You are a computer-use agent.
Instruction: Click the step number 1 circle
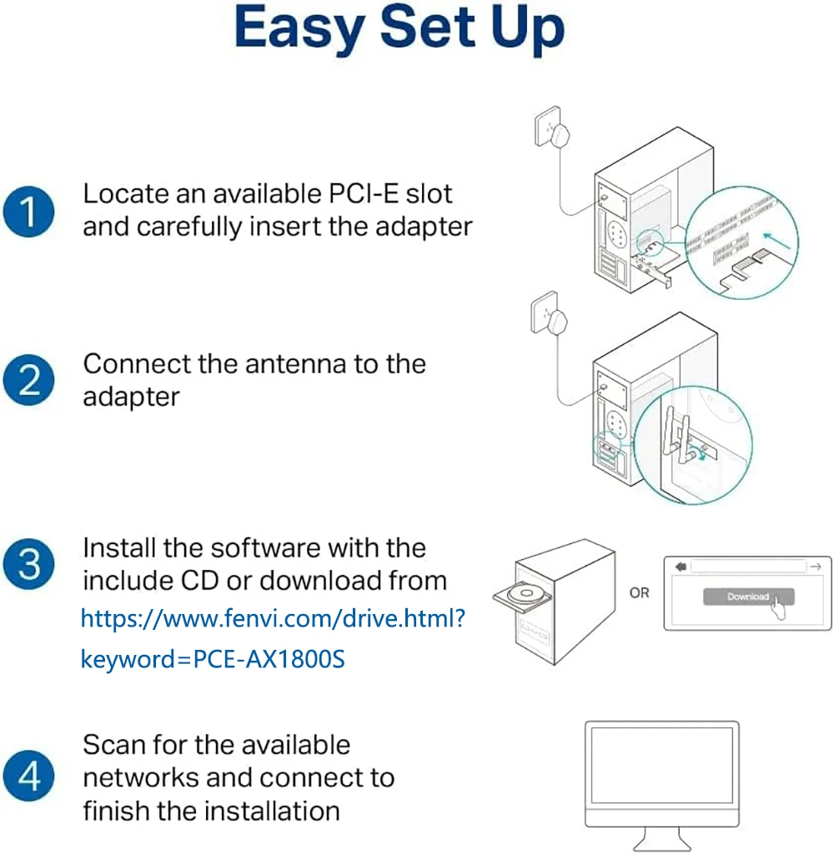pyautogui.click(x=29, y=211)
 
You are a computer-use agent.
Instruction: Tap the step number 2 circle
pyautogui.click(x=29, y=382)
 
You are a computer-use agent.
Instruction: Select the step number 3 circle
pyautogui.click(x=29, y=564)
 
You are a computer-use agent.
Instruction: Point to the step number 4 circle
pyautogui.click(x=29, y=777)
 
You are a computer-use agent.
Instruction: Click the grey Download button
pyautogui.click(x=747, y=597)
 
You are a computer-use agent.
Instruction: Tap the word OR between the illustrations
pyautogui.click(x=640, y=593)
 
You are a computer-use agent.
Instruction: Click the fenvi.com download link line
pyautogui.click(x=273, y=618)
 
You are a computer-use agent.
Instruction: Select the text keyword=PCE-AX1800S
pyautogui.click(x=213, y=659)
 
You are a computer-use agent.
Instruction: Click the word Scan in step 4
pyautogui.click(x=113, y=744)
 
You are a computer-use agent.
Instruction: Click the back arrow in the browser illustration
pyautogui.click(x=681, y=567)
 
